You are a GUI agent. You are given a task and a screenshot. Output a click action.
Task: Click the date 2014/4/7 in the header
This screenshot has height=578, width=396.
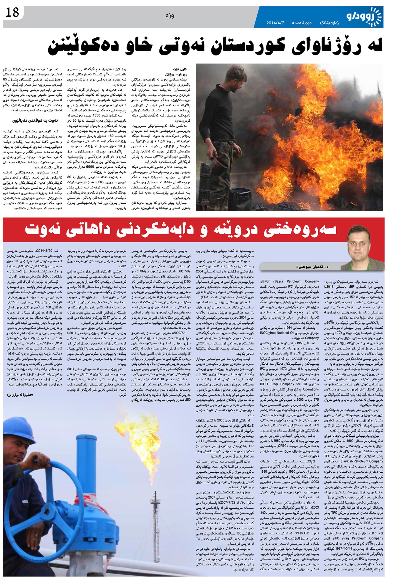click(x=275, y=23)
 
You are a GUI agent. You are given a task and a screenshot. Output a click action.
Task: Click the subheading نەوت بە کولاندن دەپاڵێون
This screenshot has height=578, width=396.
click(x=35, y=120)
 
